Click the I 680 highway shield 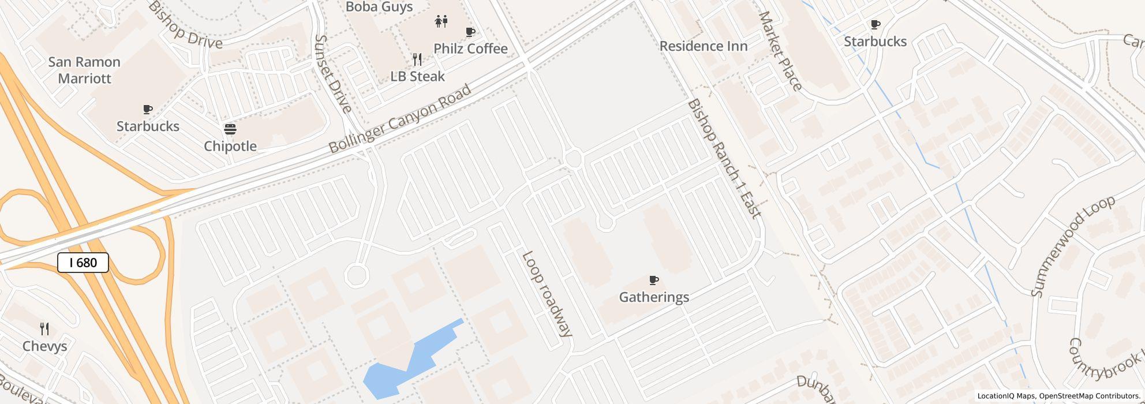(x=83, y=263)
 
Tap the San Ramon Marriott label (x=84, y=70)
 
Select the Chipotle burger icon (x=230, y=129)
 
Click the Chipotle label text (x=230, y=146)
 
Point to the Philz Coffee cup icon (x=470, y=32)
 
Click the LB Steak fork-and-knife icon (x=417, y=59)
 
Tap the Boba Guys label (x=379, y=7)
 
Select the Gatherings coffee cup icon (x=654, y=280)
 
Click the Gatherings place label (x=654, y=297)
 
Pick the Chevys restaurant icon (x=44, y=329)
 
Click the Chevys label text (x=44, y=346)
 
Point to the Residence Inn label (x=704, y=46)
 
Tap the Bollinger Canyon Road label (x=400, y=119)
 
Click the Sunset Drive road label (x=333, y=74)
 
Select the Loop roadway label (x=547, y=294)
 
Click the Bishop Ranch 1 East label (x=724, y=159)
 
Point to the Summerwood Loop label (x=1073, y=246)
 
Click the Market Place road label (x=780, y=51)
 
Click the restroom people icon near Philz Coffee (x=441, y=21)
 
